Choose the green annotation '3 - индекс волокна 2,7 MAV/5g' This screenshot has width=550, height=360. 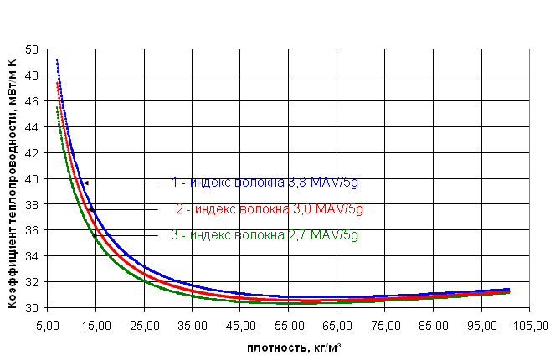click(265, 235)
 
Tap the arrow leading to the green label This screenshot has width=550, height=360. click(125, 236)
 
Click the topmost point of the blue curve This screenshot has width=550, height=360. click(57, 60)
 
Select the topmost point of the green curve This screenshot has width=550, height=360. click(57, 108)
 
